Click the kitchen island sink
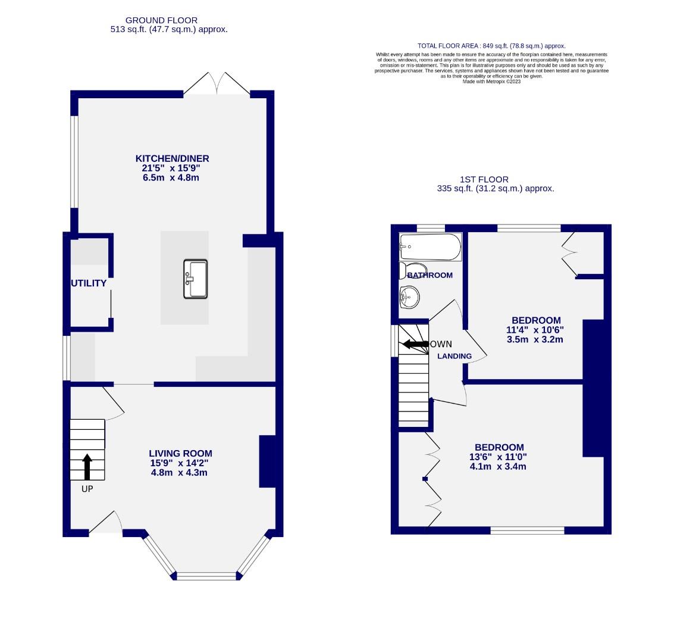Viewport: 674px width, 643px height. tap(196, 278)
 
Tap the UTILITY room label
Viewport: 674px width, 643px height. tap(89, 283)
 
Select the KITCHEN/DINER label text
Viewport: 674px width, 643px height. tap(173, 158)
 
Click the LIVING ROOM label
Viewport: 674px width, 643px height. tap(180, 454)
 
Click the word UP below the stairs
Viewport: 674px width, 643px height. tap(87, 489)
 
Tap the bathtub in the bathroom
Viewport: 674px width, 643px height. tap(430, 246)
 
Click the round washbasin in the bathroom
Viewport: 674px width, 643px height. tap(409, 296)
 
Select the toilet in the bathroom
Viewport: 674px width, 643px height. tap(412, 270)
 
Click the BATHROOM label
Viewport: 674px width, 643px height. tap(430, 275)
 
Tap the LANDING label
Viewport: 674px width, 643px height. tap(454, 356)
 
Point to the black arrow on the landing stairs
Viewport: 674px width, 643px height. tap(416, 344)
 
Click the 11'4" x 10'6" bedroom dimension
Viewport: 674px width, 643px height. tap(534, 330)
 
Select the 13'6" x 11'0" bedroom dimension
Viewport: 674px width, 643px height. tap(499, 457)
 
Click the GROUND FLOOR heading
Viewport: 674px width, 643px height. tap(161, 20)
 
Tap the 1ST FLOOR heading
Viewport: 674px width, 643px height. tap(484, 179)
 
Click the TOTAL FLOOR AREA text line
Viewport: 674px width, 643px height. tap(491, 46)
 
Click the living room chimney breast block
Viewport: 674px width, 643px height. tap(267, 462)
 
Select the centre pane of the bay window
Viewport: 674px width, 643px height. tap(206, 576)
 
